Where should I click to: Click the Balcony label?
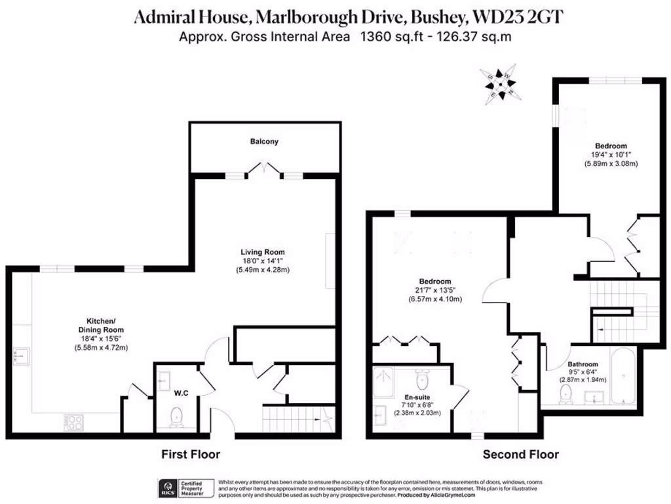[264, 142]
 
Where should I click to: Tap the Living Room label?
[262, 252]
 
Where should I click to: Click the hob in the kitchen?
[73, 420]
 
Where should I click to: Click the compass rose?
[501, 84]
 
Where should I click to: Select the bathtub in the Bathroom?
[622, 377]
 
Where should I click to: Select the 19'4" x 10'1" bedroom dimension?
[611, 156]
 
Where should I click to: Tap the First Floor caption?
[191, 454]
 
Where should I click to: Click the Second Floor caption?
[520, 454]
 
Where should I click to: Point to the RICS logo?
[166, 488]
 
